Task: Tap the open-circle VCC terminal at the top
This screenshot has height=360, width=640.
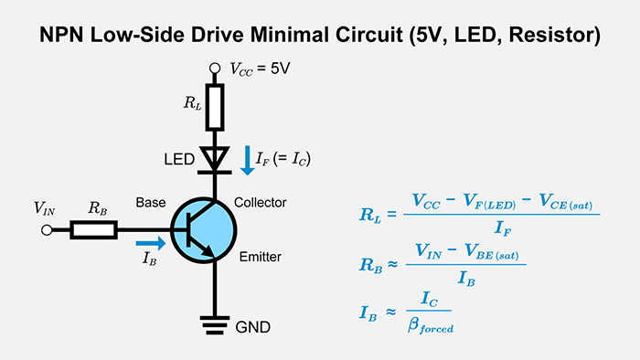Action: click(x=215, y=67)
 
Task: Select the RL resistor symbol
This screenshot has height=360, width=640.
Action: click(x=215, y=108)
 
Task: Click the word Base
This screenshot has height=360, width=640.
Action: click(x=152, y=202)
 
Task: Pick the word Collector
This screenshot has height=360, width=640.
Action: click(x=261, y=202)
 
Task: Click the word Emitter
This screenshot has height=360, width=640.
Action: click(x=258, y=258)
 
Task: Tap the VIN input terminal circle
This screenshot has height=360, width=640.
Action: click(x=47, y=230)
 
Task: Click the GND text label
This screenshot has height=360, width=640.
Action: click(x=254, y=326)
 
